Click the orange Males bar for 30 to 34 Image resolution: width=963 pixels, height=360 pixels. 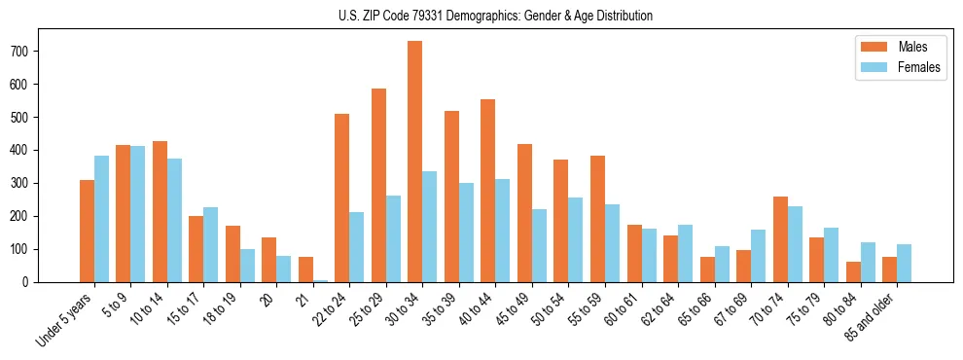[x=415, y=162]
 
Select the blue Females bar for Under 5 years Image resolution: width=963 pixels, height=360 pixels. [x=101, y=219]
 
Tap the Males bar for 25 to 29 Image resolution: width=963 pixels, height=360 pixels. [x=378, y=185]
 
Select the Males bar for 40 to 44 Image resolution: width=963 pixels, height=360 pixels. [x=488, y=191]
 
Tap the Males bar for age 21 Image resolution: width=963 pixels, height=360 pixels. [x=305, y=270]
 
